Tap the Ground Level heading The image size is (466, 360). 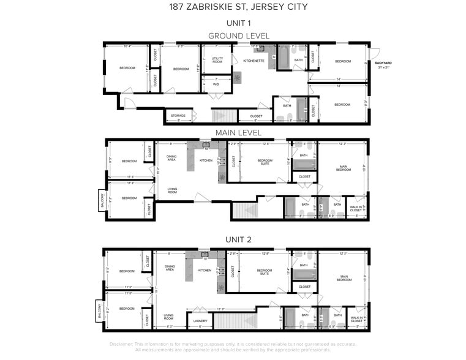[x=238, y=36]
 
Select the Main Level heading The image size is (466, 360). [x=238, y=132]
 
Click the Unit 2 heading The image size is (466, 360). [x=238, y=240]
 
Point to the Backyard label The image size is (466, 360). [x=383, y=63]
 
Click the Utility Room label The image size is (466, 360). [x=217, y=60]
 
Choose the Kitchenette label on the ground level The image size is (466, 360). [x=254, y=61]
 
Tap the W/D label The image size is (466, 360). [x=216, y=84]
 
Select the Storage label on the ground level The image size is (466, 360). [x=178, y=116]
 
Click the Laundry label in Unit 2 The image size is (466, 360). [x=200, y=321]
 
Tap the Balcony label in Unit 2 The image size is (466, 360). [x=97, y=309]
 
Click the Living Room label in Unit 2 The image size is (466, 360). [x=168, y=317]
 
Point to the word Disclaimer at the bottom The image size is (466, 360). [x=121, y=344]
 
